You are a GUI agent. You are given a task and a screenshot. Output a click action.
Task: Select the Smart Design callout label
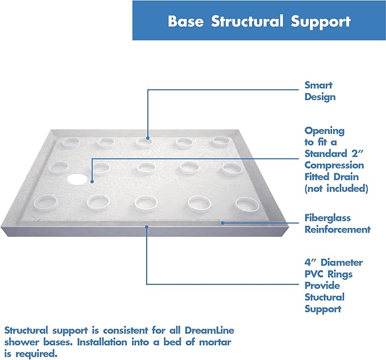pyautogui.click(x=319, y=91)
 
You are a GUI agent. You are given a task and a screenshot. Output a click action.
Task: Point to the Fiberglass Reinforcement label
pyautogui.click(x=337, y=224)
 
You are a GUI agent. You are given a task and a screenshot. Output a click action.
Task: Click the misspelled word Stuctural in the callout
pyautogui.click(x=324, y=297)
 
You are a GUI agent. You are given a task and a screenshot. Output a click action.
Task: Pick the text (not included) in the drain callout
pyautogui.click(x=336, y=188)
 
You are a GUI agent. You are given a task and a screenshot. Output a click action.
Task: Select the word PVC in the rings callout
pyautogui.click(x=314, y=274)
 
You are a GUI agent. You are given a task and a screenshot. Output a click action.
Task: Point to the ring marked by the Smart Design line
pyautogui.click(x=147, y=142)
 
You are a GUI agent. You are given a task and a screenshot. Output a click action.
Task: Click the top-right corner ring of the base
pyautogui.click(x=221, y=141)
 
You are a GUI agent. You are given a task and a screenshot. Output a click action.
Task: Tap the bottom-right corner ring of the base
pyautogui.click(x=247, y=204)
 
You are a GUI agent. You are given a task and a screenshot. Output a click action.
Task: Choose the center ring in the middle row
pyautogui.click(x=146, y=168)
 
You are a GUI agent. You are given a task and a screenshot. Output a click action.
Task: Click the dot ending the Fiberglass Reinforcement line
pyautogui.click(x=223, y=222)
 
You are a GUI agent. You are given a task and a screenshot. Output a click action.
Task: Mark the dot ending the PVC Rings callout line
pyautogui.click(x=147, y=227)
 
